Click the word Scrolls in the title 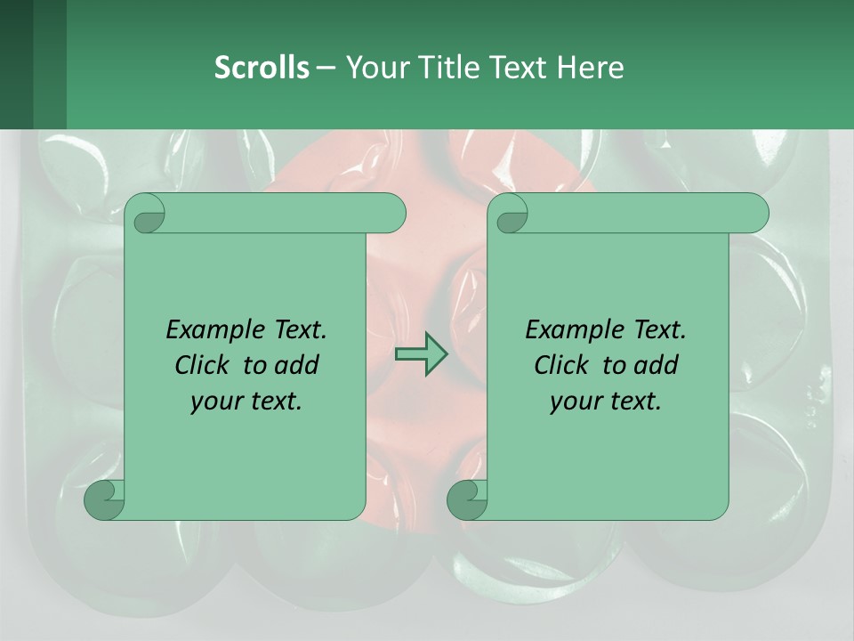[262, 67]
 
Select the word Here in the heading [590, 67]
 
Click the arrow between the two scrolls [421, 354]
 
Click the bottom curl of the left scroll [104, 499]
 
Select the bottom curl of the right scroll [467, 499]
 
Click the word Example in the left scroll [208, 330]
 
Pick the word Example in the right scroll [568, 330]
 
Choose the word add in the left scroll [295, 365]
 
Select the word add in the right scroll [655, 365]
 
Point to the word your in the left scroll [214, 402]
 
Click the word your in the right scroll [574, 402]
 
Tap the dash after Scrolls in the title [326, 67]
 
